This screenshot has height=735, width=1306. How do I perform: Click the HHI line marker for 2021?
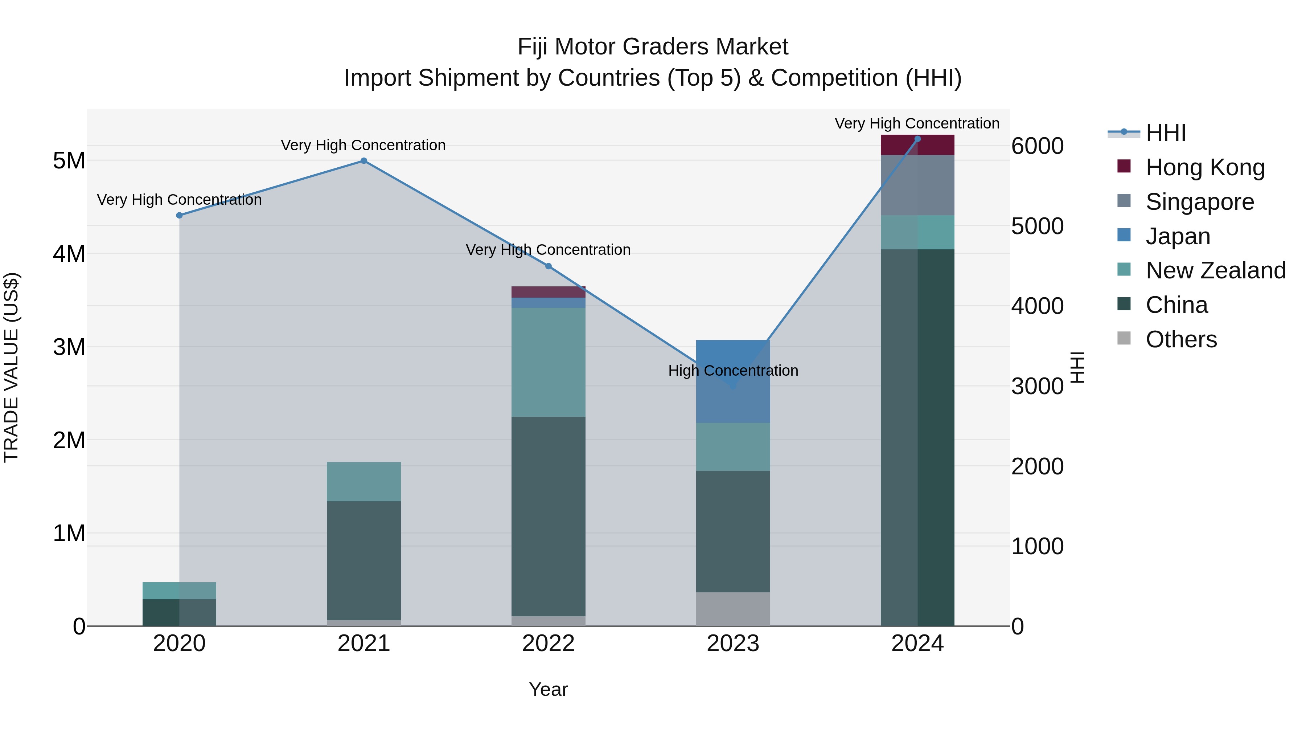364,161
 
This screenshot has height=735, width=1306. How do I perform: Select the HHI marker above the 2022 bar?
548,266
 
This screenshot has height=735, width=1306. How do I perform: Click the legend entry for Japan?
1177,236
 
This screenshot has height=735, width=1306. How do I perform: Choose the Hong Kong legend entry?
1204,167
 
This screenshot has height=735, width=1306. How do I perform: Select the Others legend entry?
1181,339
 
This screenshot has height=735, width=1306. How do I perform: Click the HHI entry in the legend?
1165,133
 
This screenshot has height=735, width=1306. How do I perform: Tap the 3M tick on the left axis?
69,347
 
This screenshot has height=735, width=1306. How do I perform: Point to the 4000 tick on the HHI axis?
1037,306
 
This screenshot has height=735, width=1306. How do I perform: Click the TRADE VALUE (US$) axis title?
11,367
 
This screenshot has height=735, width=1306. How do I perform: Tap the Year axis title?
548,689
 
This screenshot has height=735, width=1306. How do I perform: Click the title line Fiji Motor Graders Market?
653,47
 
